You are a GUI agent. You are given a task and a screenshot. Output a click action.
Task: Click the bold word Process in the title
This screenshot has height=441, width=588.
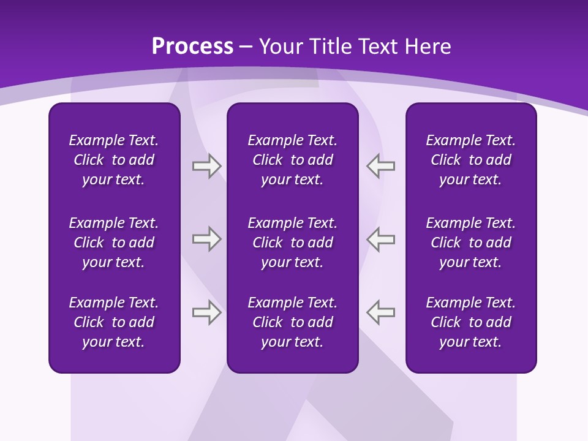click(192, 47)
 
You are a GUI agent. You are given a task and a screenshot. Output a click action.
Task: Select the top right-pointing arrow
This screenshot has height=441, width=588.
click(206, 165)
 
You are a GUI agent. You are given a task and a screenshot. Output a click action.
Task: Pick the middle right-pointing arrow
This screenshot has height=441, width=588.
click(206, 239)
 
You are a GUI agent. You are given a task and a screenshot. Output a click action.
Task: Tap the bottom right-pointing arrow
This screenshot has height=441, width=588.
click(206, 312)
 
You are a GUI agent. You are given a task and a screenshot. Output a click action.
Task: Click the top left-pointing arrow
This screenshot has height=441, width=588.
click(381, 165)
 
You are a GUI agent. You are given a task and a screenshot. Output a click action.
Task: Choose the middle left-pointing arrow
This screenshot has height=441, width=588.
click(381, 239)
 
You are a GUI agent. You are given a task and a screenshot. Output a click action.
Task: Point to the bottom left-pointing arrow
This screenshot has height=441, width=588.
click(381, 312)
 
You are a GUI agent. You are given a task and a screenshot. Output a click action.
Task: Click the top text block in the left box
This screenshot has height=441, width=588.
click(114, 160)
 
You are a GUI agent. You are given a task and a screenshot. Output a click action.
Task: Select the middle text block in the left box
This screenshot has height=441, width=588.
click(114, 243)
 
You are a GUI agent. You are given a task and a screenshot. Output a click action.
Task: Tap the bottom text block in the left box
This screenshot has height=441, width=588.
click(114, 322)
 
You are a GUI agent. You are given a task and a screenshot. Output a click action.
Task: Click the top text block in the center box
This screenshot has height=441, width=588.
click(292, 160)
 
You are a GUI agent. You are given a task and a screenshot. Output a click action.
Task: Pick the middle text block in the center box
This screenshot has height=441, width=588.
click(292, 243)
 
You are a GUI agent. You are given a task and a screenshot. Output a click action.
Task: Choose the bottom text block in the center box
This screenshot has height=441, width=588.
click(292, 322)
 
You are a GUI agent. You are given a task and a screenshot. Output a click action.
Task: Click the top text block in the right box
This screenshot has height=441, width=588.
click(470, 160)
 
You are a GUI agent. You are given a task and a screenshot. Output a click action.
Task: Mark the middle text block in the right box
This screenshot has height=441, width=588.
click(470, 243)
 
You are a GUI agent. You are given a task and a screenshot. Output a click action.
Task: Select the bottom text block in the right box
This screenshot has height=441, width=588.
click(470, 322)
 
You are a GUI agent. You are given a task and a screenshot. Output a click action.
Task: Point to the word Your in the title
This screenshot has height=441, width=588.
click(279, 47)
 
